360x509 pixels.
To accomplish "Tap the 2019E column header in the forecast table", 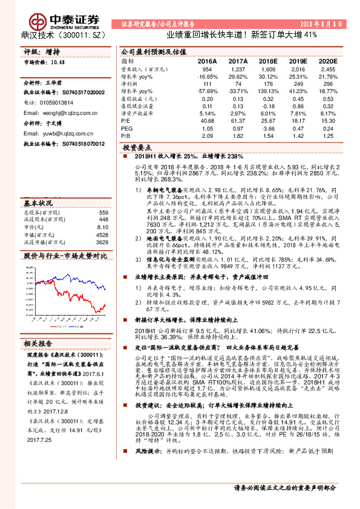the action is tap(296, 62).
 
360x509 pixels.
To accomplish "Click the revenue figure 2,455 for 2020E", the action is tap(327, 70).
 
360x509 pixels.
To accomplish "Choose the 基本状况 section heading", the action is tap(39, 203).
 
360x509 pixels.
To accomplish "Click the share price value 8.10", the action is tap(102, 227).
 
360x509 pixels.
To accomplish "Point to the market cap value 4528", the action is tap(101, 235).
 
